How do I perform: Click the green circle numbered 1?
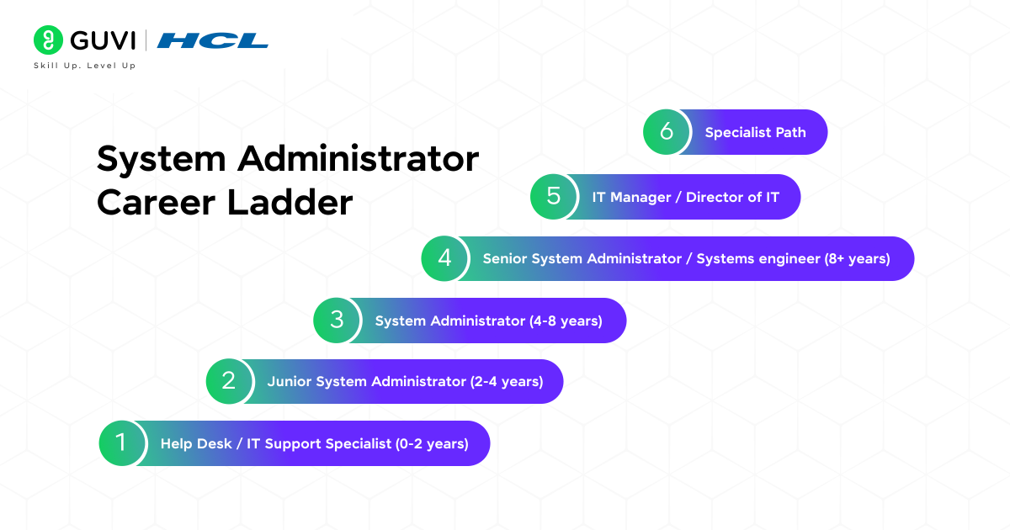121,443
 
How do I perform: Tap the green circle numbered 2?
229,381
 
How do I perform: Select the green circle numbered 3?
337,321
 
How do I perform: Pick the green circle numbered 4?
444,258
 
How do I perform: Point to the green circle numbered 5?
553,197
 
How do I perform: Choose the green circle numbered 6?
667,132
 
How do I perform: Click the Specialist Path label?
755,132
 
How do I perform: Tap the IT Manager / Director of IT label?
685,198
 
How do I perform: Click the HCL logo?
213,40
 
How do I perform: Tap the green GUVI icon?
49,40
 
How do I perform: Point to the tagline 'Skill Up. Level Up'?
84,66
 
